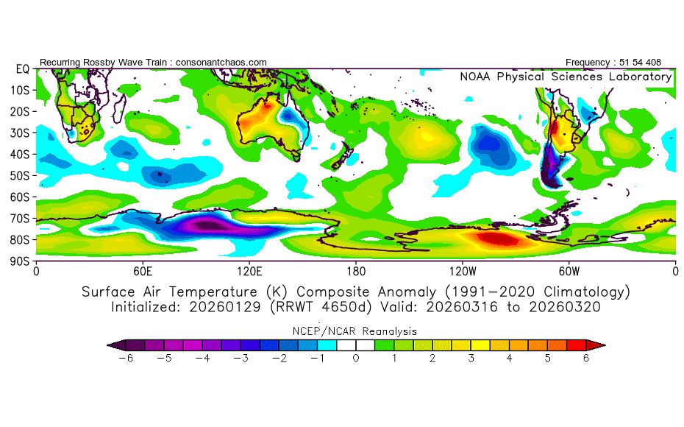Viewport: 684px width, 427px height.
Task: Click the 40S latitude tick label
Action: [x=20, y=154]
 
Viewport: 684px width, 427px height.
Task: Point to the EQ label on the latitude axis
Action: [x=22, y=68]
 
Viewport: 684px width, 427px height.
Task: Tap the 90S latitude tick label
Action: [x=20, y=261]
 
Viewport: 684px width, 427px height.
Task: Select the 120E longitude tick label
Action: [x=249, y=270]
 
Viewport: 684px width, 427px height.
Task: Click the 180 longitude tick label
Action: [x=356, y=270]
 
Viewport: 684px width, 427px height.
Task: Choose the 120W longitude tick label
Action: [x=462, y=270]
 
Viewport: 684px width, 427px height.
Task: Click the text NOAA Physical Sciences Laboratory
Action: [x=565, y=77]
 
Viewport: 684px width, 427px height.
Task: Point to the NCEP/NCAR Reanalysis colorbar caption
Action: [x=355, y=331]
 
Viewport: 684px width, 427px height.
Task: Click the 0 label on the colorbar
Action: [x=355, y=359]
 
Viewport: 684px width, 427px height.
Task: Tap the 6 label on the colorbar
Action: [x=587, y=359]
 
